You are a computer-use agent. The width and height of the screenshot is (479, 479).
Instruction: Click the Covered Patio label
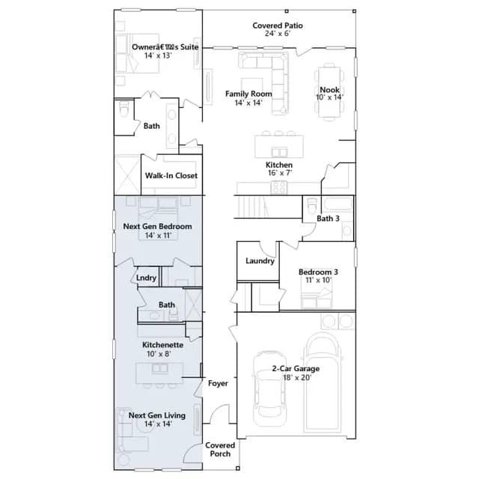(278, 25)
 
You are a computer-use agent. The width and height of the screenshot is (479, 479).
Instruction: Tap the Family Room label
(248, 94)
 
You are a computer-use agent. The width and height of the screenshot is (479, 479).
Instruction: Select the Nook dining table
(329, 92)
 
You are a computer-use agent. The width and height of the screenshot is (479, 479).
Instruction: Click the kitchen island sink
(279, 152)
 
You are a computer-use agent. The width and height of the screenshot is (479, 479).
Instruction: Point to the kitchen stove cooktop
(279, 188)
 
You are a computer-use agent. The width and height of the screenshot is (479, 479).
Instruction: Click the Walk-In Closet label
(171, 176)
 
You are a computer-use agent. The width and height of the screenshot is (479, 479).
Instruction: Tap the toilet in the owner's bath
(124, 109)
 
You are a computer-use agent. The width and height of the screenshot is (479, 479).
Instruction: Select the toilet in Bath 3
(312, 206)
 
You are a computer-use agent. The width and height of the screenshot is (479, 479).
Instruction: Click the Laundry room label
(260, 261)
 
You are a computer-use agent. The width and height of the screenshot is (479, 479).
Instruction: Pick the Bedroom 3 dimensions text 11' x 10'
(318, 280)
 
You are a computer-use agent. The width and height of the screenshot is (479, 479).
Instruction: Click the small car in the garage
(269, 388)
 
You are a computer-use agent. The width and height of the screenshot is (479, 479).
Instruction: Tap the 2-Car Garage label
(296, 369)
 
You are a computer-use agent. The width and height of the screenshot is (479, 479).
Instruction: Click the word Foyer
(218, 383)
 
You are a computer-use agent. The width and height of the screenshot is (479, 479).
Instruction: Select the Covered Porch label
(220, 449)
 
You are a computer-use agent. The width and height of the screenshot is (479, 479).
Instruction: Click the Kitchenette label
(163, 345)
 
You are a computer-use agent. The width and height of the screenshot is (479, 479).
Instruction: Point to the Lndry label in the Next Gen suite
(147, 278)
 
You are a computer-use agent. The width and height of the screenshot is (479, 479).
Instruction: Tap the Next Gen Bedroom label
(157, 226)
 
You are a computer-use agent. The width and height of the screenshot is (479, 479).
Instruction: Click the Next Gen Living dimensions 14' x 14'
(158, 424)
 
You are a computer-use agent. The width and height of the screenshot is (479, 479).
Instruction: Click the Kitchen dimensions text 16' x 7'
(280, 173)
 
